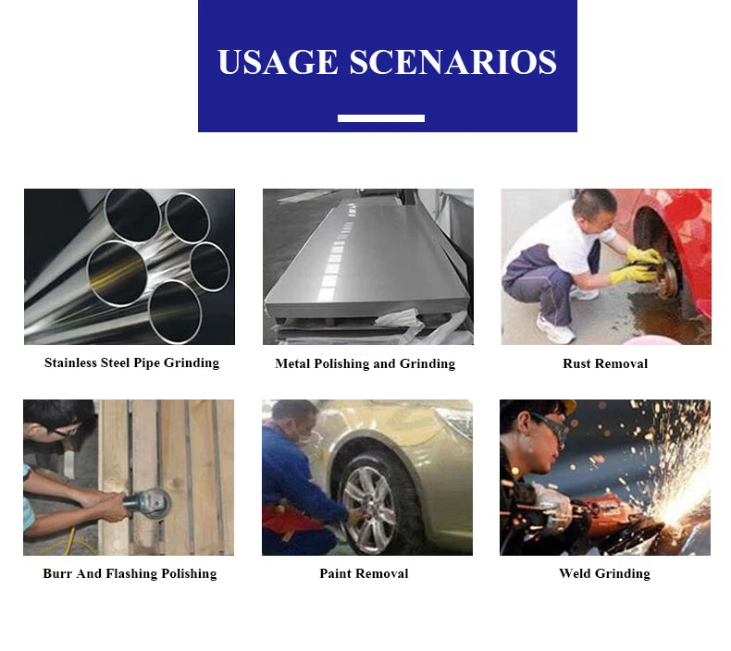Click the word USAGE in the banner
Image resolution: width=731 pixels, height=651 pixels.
click(278, 62)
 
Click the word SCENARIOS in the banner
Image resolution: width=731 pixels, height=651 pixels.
click(453, 62)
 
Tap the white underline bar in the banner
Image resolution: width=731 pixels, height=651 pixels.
click(381, 118)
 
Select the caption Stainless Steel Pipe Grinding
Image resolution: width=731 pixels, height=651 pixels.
click(132, 363)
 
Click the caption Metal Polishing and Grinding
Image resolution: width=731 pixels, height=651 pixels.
click(365, 363)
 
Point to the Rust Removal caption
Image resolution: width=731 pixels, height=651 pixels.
click(605, 363)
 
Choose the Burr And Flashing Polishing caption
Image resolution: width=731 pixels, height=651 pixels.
click(130, 573)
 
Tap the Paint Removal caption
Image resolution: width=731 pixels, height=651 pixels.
click(364, 573)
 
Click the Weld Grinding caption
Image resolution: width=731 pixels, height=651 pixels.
click(604, 573)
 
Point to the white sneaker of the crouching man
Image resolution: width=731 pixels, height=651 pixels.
click(555, 328)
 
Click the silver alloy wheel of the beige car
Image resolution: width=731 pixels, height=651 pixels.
click(368, 504)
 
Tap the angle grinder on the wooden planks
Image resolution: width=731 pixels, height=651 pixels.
click(147, 503)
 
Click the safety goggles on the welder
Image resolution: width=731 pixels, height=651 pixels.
click(551, 425)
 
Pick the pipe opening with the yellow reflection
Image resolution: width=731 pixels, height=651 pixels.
click(118, 273)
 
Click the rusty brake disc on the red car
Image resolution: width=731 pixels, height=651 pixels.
click(667, 278)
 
